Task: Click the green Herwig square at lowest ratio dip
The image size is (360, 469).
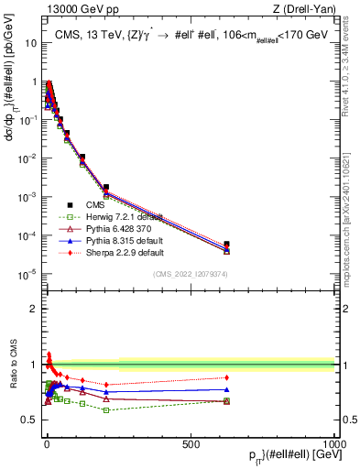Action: coord(106,409)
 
